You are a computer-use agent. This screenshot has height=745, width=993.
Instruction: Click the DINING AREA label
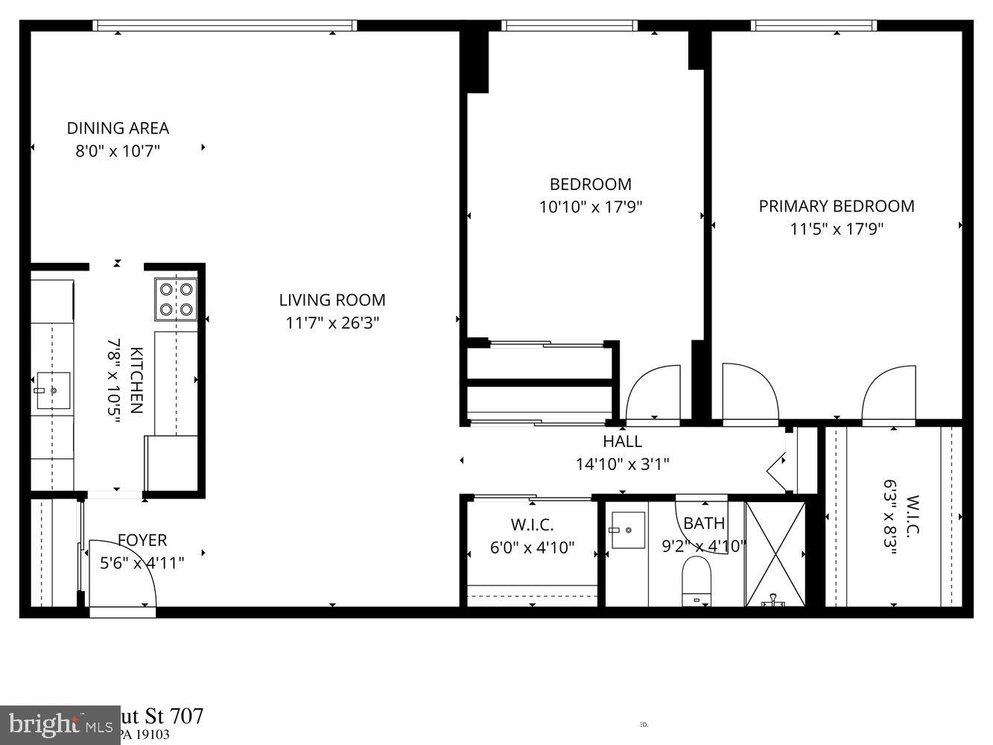pyautogui.click(x=118, y=128)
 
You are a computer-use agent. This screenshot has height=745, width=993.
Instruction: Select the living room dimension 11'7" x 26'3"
pyautogui.click(x=332, y=323)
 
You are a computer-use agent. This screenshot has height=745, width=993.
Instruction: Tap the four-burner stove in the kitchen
pyautogui.click(x=176, y=299)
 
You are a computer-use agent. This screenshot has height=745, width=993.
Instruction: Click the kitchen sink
pyautogui.click(x=52, y=390)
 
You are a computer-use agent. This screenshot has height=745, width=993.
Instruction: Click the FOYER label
pyautogui.click(x=142, y=540)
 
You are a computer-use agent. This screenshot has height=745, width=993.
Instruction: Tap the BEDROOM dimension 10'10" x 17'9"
pyautogui.click(x=590, y=207)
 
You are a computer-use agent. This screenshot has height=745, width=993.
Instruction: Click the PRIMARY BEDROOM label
pyautogui.click(x=836, y=206)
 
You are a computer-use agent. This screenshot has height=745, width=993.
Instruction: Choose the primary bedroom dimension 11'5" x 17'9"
pyautogui.click(x=836, y=229)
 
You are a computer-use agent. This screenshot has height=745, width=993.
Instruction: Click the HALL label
pyautogui.click(x=622, y=441)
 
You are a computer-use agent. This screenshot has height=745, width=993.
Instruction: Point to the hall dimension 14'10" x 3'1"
pyautogui.click(x=622, y=464)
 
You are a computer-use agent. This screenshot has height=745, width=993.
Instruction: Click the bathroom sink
pyautogui.click(x=627, y=529)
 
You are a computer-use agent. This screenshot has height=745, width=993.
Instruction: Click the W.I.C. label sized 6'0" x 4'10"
pyautogui.click(x=532, y=525)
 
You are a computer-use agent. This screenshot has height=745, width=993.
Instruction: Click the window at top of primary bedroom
pyautogui.click(x=813, y=26)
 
